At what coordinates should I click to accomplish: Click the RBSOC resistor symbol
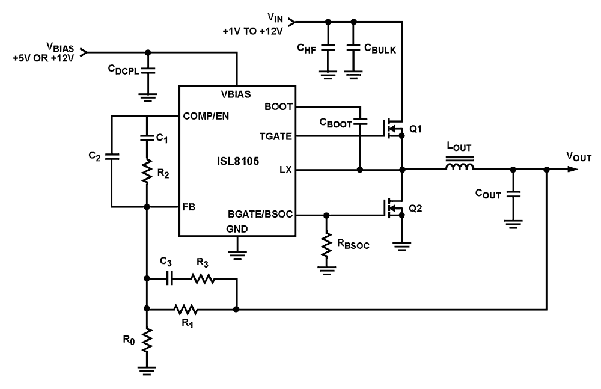[x=326, y=245]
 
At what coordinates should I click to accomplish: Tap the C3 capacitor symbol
[x=170, y=279]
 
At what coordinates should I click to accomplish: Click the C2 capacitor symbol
[x=112, y=157]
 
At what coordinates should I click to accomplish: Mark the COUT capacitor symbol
[x=513, y=194]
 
